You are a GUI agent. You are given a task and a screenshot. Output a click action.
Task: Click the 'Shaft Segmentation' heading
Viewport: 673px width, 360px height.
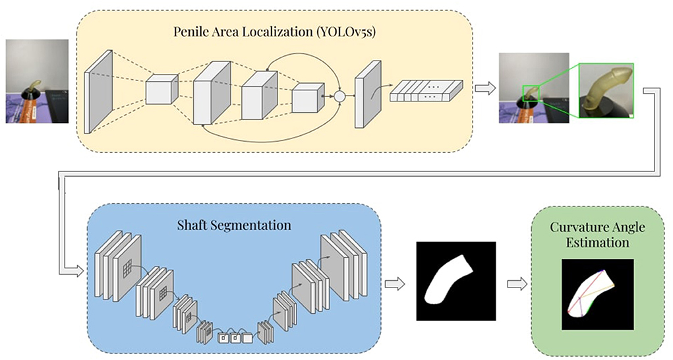[x=234, y=225]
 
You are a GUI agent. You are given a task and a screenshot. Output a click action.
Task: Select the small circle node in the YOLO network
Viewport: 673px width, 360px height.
[x=339, y=96]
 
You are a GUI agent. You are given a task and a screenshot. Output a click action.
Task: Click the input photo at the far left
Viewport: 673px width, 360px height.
[x=38, y=81]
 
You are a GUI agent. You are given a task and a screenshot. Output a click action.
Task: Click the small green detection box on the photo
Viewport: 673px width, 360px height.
[x=531, y=93]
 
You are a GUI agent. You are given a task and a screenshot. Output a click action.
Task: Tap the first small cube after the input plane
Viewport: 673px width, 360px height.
[x=161, y=89]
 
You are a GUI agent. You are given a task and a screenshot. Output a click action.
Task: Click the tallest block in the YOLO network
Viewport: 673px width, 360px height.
[x=211, y=92]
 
